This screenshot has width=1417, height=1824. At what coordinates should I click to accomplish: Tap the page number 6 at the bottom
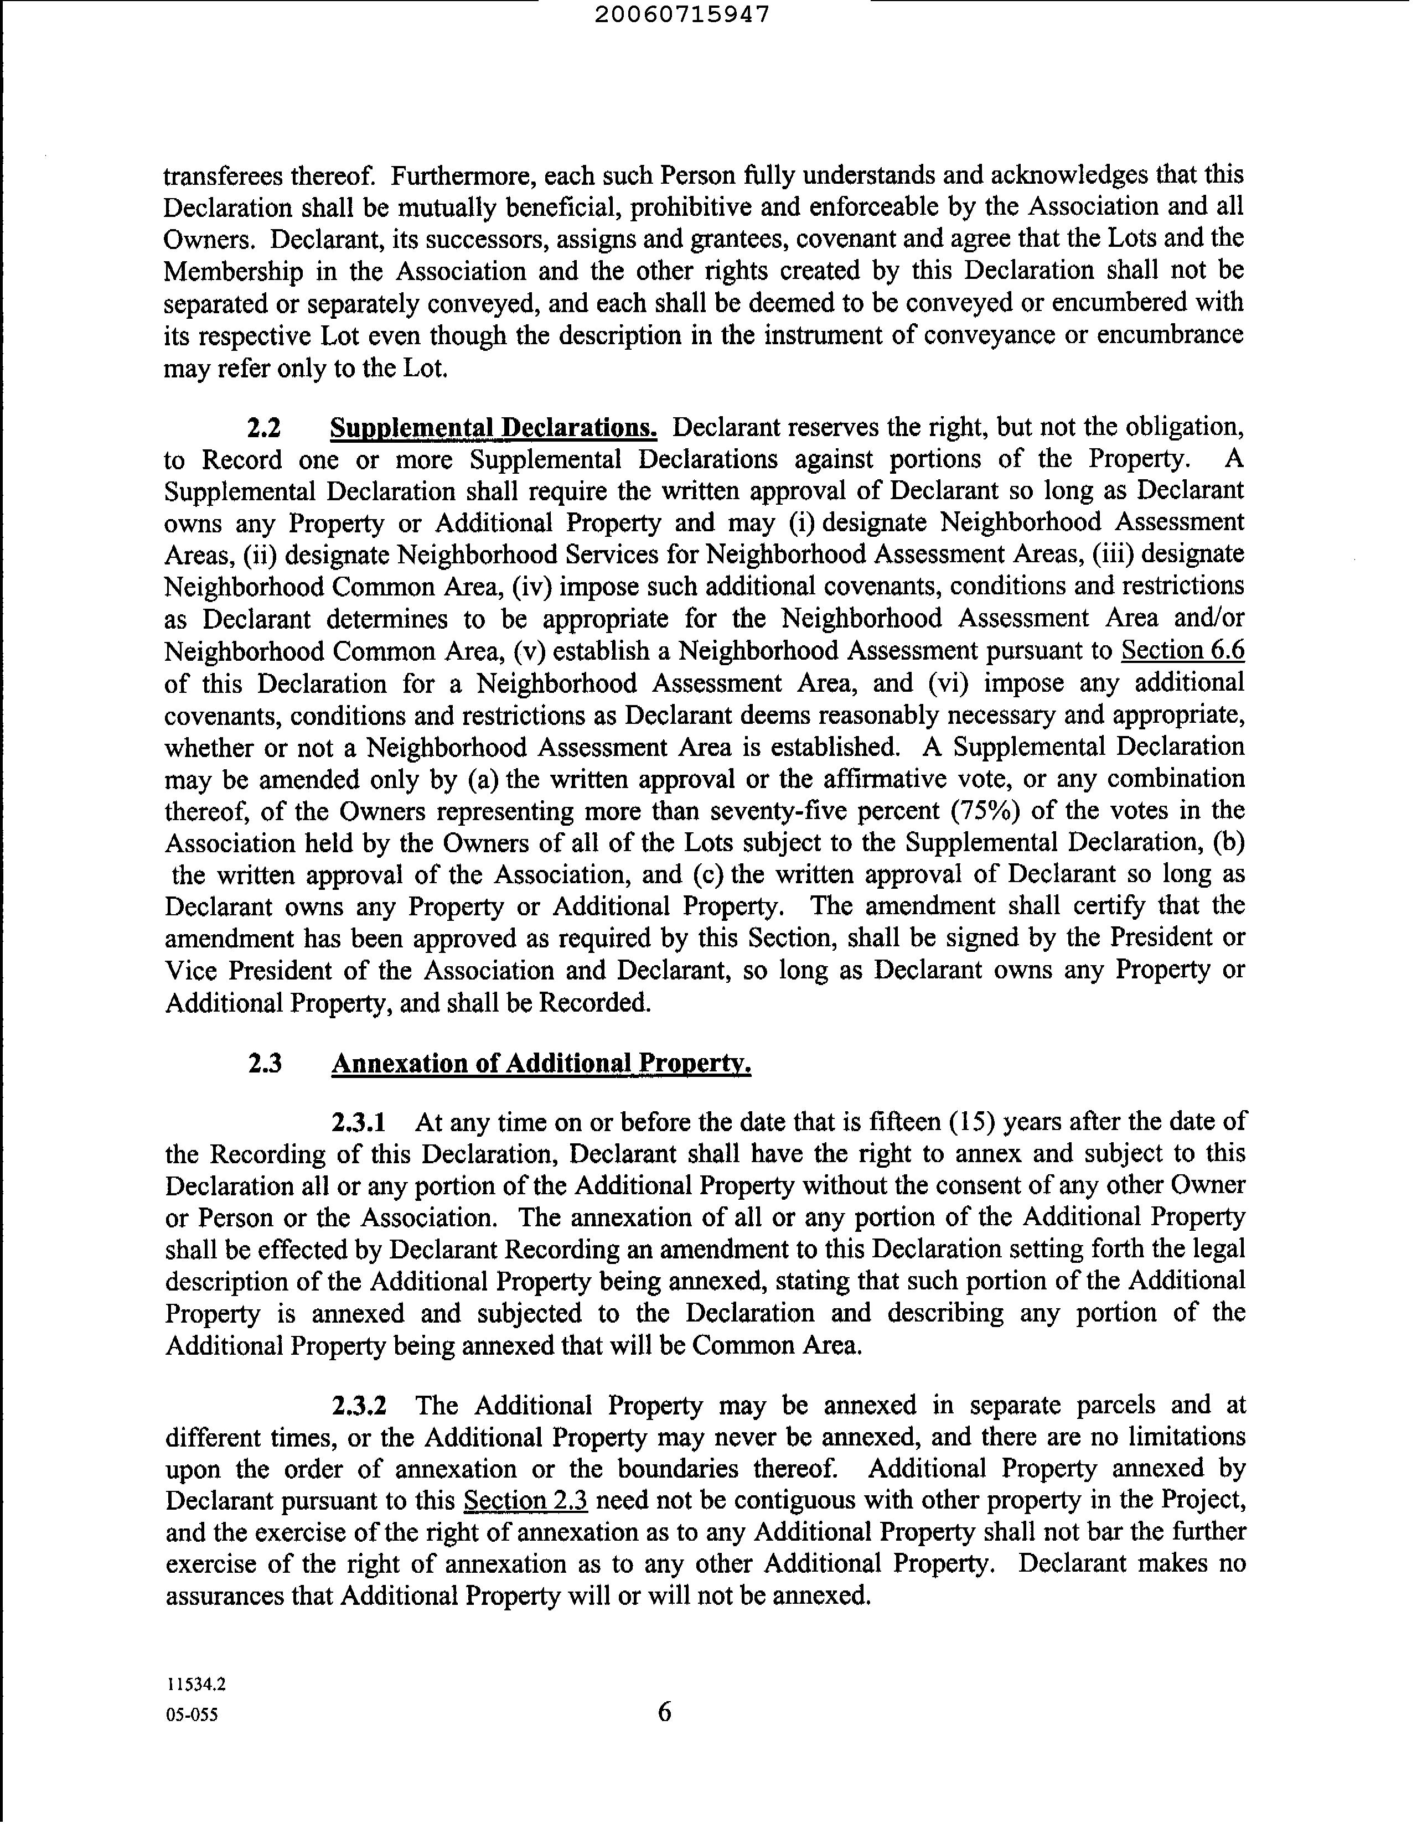[664, 1712]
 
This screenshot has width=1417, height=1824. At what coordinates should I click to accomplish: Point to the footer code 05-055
[192, 1716]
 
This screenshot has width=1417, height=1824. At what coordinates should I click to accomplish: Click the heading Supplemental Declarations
[494, 428]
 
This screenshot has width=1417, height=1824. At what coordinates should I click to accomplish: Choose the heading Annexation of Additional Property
[541, 1064]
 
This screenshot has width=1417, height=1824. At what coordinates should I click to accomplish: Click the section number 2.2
[264, 428]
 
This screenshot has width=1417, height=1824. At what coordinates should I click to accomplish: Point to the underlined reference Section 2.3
[525, 1501]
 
